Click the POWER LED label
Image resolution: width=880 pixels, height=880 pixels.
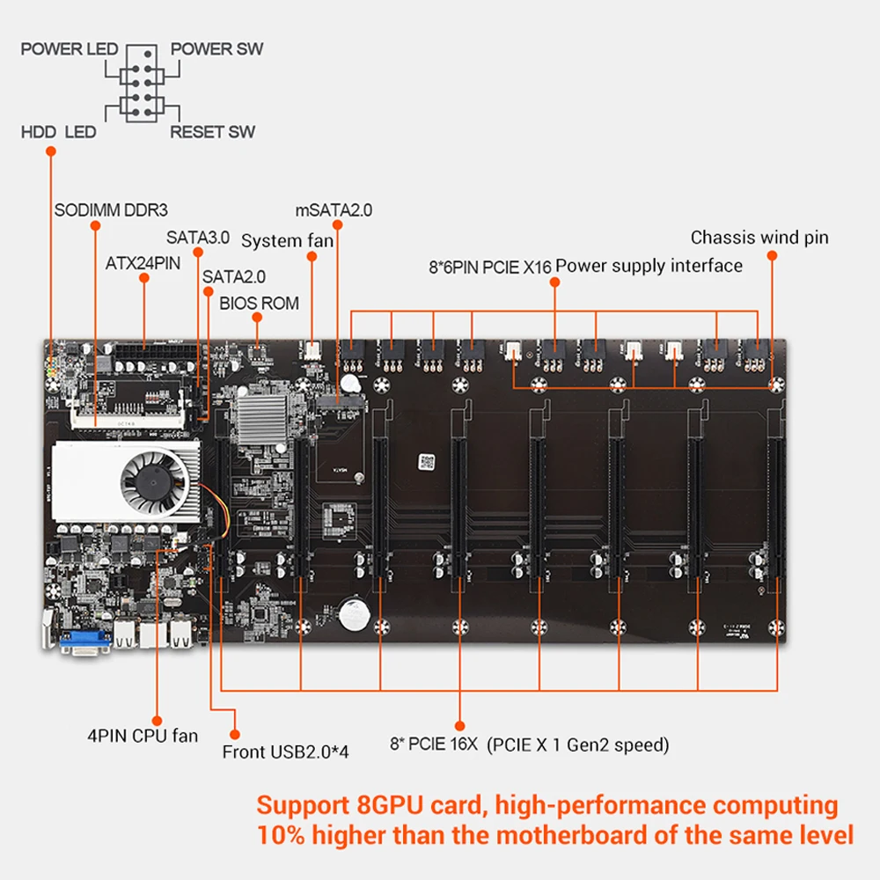pyautogui.click(x=70, y=48)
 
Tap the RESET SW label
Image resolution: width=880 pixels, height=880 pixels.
pyautogui.click(x=213, y=132)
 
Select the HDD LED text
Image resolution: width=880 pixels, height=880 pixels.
pyautogui.click(x=58, y=132)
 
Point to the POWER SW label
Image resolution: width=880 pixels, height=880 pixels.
pyautogui.click(x=216, y=48)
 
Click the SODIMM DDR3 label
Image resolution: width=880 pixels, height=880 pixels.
pyautogui.click(x=111, y=210)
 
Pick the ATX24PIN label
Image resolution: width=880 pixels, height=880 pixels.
pyautogui.click(x=143, y=262)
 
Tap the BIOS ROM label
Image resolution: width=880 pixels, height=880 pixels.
pyautogui.click(x=260, y=304)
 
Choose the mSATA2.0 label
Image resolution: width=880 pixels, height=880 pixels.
pyautogui.click(x=334, y=210)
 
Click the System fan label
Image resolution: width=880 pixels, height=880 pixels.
pyautogui.click(x=288, y=240)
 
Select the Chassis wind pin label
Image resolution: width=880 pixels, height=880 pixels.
pyautogui.click(x=759, y=237)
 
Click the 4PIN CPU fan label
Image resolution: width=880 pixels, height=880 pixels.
pyautogui.click(x=143, y=736)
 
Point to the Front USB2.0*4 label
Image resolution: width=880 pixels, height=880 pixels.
pyautogui.click(x=285, y=752)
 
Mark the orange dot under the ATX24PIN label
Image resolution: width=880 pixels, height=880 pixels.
pyautogui.click(x=143, y=278)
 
